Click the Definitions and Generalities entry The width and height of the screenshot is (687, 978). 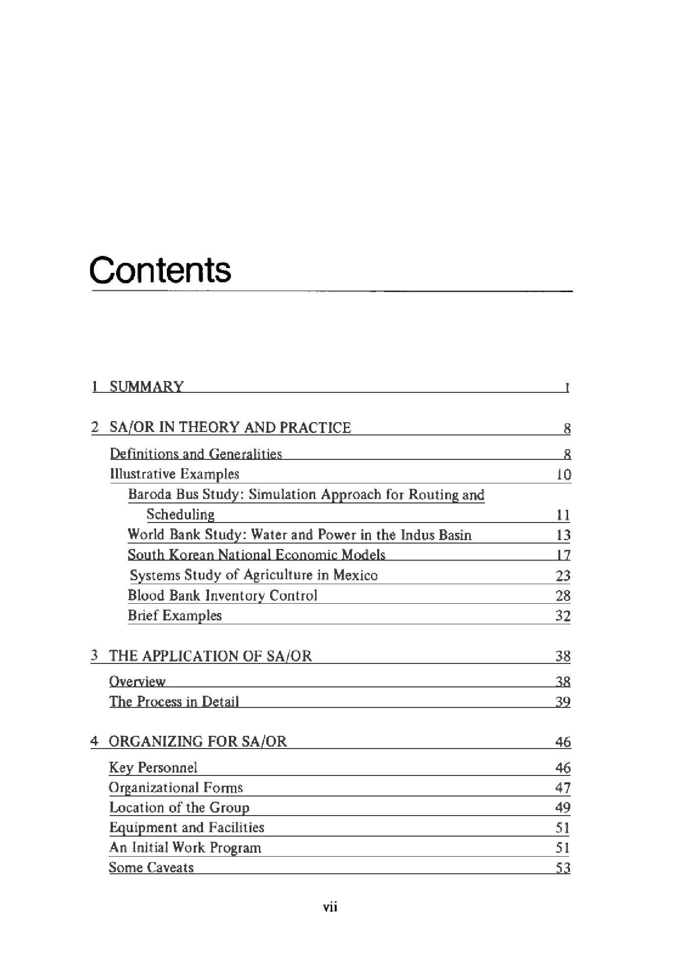[196, 454]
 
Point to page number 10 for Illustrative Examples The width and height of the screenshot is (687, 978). [564, 475]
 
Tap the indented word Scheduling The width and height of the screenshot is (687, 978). [181, 515]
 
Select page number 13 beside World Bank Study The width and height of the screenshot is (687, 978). [564, 535]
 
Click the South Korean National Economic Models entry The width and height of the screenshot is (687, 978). [256, 555]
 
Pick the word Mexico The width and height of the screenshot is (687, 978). [355, 575]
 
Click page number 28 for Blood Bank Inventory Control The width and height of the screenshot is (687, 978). [563, 596]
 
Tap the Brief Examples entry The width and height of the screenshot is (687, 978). [175, 615]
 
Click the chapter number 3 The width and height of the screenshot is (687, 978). [94, 656]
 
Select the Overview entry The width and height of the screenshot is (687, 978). [137, 682]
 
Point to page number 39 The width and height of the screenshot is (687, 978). [563, 702]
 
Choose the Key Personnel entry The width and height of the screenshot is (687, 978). [153, 768]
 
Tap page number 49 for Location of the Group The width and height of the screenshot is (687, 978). [563, 808]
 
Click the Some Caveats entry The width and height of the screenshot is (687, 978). [151, 867]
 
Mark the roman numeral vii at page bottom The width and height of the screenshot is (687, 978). [331, 908]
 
